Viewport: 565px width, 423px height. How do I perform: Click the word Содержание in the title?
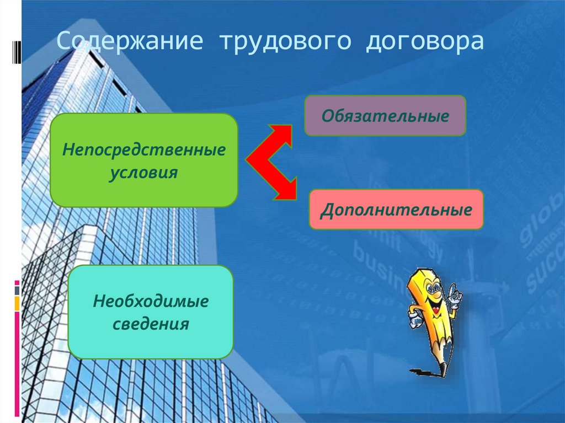click(131, 42)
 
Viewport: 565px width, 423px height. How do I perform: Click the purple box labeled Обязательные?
click(385, 116)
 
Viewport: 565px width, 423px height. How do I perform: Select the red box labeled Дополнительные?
click(396, 210)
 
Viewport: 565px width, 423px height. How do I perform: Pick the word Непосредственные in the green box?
click(144, 149)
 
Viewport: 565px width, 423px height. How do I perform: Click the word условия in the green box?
click(143, 172)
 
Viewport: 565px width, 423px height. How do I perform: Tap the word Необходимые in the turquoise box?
click(151, 301)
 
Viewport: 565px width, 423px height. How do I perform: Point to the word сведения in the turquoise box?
click(151, 324)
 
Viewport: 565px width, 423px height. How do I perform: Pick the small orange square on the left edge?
click(17, 303)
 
